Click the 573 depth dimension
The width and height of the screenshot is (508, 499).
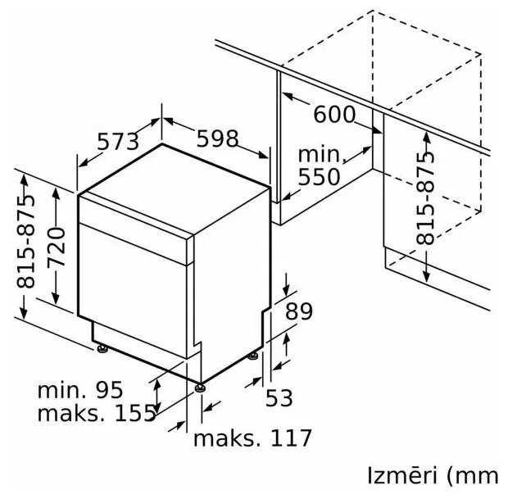pos(118,142)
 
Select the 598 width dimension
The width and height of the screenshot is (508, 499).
pos(218,138)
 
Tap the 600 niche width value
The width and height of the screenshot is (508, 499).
pos(334,114)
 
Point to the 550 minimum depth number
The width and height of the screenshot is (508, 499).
pos(319,177)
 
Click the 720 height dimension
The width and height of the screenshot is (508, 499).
pos(56,247)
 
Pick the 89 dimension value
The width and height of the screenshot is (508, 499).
pos(299,311)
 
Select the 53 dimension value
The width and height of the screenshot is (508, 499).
pos(279,398)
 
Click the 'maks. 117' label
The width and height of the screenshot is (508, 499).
pos(252,438)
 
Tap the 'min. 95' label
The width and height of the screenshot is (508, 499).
pos(80,390)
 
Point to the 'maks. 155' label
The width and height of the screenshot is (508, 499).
pos(97,413)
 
